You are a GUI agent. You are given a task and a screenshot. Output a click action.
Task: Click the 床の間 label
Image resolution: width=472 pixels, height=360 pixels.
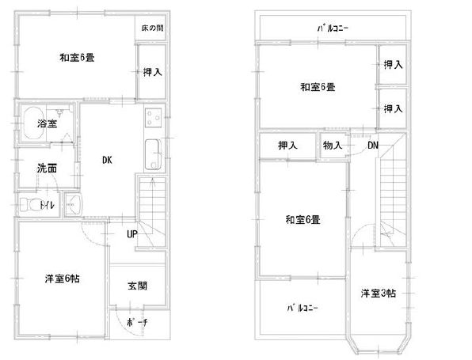[153, 28]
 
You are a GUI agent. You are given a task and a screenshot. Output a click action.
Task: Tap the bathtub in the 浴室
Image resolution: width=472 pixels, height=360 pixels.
[34, 123]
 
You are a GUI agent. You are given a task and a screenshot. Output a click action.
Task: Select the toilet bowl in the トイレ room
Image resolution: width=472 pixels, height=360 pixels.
[29, 205]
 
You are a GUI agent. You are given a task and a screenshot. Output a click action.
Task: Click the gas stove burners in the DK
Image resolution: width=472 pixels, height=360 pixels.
[153, 117]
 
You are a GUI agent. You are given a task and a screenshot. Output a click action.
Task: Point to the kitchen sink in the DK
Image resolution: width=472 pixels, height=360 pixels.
[153, 154]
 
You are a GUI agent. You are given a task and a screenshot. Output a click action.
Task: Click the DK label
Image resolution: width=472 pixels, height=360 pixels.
[107, 160]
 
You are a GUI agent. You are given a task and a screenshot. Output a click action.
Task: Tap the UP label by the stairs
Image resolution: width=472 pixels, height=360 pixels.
[131, 234]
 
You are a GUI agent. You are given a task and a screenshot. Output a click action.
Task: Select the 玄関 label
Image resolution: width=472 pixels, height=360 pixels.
[138, 286]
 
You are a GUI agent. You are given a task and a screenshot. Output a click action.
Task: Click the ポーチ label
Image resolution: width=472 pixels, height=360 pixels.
[137, 323]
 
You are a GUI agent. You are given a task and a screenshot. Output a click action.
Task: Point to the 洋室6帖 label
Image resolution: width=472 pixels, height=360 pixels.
[63, 279]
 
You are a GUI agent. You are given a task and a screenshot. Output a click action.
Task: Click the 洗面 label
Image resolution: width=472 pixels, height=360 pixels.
[47, 169]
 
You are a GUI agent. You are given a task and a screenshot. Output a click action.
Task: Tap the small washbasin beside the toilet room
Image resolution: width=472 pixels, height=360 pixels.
[74, 204]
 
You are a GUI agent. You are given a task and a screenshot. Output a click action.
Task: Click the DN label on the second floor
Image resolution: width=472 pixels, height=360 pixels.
[373, 146]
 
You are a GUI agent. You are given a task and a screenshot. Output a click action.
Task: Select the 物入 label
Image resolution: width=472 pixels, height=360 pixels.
[333, 146]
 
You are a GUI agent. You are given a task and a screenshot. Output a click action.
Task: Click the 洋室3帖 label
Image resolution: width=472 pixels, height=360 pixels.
[379, 294]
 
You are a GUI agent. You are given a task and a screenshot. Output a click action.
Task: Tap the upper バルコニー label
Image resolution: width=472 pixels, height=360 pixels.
[333, 28]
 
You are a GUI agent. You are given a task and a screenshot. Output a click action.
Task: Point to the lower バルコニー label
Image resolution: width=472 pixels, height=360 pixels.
[302, 309]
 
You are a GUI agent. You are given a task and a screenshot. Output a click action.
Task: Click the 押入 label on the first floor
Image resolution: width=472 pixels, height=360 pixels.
[153, 72]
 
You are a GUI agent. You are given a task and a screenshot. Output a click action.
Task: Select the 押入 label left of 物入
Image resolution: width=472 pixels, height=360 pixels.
[287, 146]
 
